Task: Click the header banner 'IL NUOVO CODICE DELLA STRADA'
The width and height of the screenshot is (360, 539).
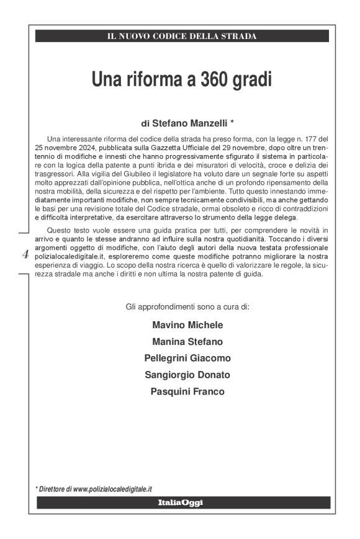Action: [x=182, y=36]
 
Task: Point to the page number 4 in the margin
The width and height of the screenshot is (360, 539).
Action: [x=25, y=253]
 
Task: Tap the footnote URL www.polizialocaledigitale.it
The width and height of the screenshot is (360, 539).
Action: [x=113, y=489]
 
